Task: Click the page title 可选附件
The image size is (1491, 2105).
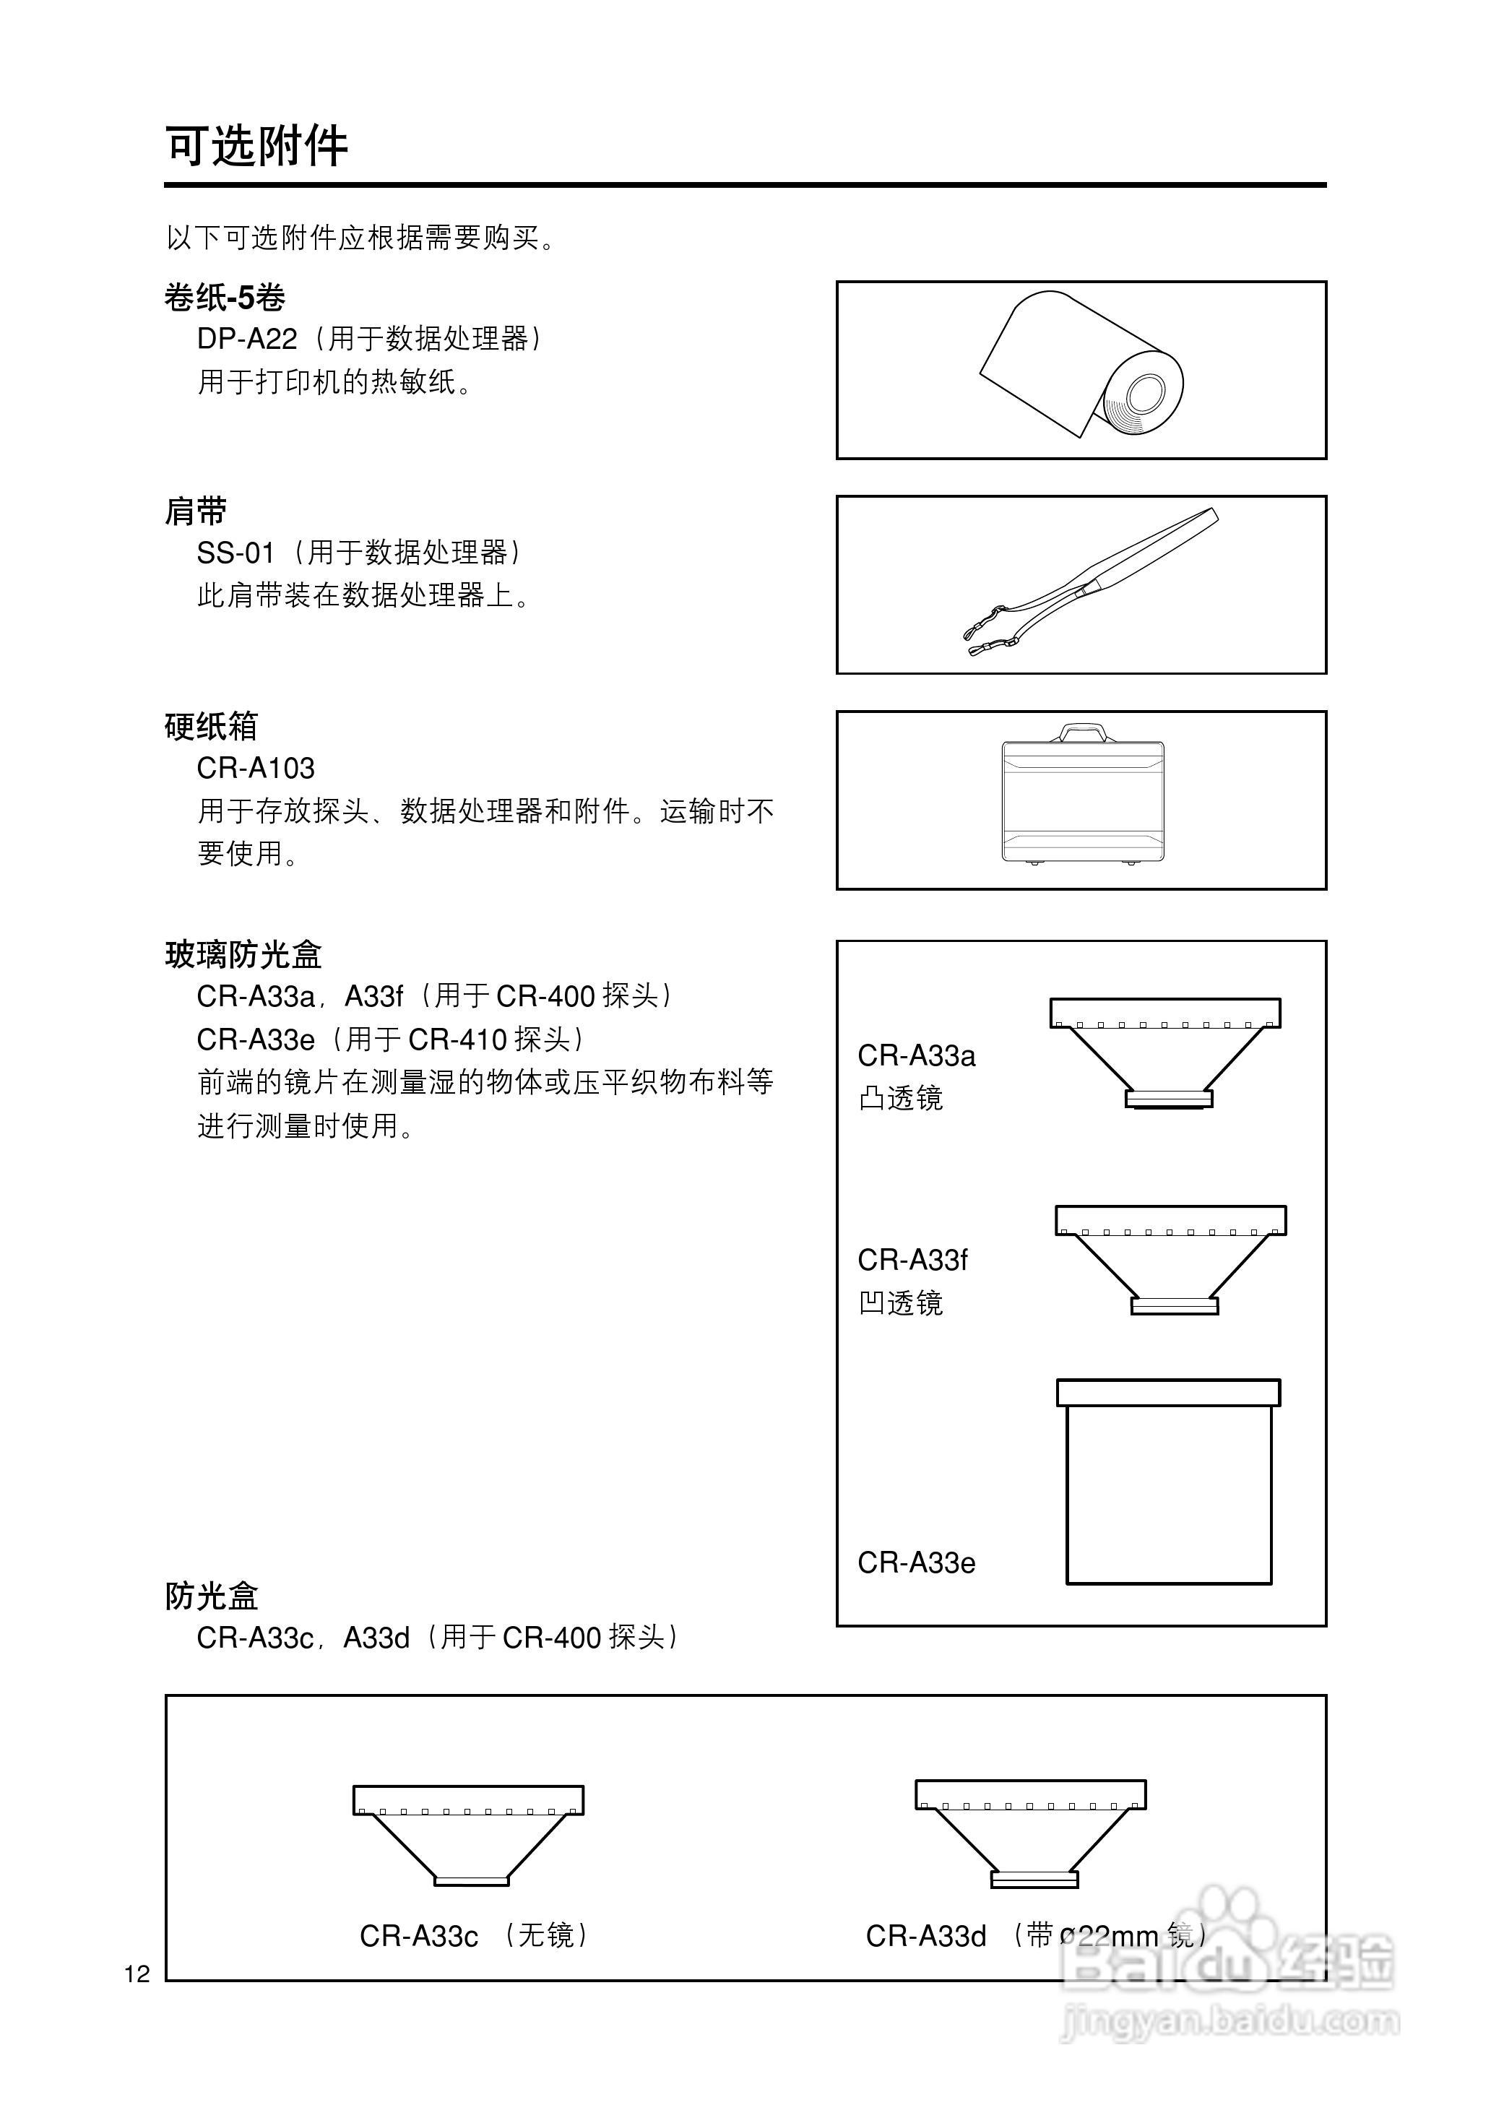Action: click(x=256, y=146)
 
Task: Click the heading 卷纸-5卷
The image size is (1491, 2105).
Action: click(x=225, y=298)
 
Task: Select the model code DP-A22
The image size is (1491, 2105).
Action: click(x=247, y=339)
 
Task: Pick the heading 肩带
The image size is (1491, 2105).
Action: click(x=196, y=511)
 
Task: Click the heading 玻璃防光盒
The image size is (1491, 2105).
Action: click(x=243, y=955)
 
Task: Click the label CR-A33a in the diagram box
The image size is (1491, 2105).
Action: click(x=915, y=1055)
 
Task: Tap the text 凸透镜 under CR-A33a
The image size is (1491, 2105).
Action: click(x=900, y=1098)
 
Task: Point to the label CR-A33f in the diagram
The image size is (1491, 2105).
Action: click(x=912, y=1260)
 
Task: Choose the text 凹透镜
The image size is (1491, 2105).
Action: click(x=900, y=1302)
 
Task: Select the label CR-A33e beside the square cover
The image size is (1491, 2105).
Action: click(x=915, y=1562)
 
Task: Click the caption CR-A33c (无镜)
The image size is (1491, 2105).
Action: click(x=474, y=1935)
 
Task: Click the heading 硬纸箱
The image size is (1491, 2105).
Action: click(x=211, y=726)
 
